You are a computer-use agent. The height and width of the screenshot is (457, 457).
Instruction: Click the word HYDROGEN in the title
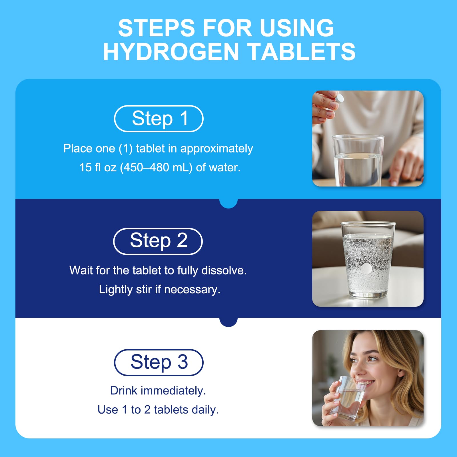click(171, 52)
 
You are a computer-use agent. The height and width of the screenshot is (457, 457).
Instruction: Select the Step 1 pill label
click(159, 119)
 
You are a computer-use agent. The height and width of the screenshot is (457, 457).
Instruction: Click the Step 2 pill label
click(158, 241)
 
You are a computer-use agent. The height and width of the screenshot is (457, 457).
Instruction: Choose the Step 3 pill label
click(159, 362)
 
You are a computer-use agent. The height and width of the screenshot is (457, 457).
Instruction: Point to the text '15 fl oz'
click(98, 167)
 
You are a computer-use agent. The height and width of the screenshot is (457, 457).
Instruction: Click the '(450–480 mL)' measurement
click(156, 168)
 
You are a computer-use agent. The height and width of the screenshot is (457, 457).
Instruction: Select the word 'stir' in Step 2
click(144, 289)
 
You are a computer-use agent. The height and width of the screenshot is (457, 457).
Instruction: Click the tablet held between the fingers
click(339, 99)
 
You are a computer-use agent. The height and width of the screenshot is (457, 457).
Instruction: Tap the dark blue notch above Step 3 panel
click(228, 322)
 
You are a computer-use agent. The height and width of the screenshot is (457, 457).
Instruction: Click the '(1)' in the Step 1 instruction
click(126, 149)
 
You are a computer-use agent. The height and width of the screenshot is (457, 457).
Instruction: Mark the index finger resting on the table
click(398, 171)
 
